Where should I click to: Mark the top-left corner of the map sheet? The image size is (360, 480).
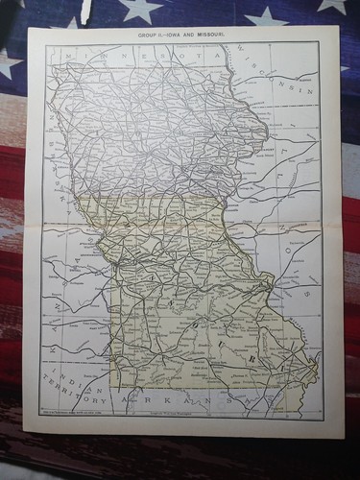tap(29, 28)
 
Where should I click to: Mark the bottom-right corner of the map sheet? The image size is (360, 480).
tap(343, 438)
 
